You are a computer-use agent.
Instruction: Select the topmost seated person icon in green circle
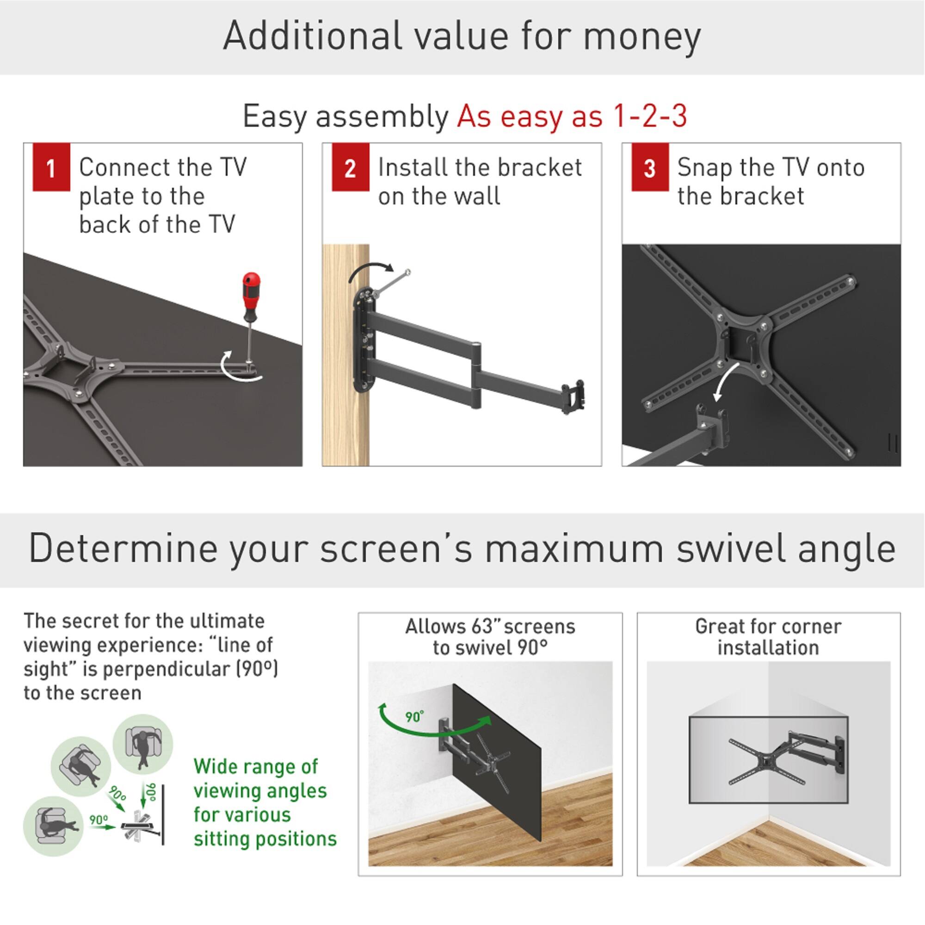(142, 746)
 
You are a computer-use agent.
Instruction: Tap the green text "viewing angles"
(260, 790)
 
